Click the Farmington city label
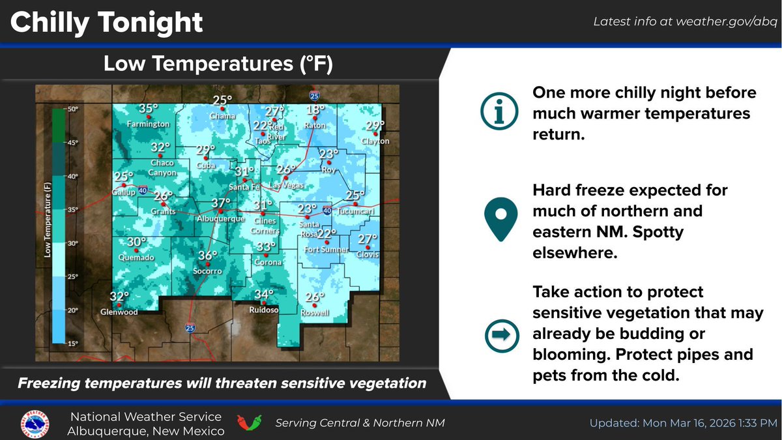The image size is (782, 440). coord(149,124)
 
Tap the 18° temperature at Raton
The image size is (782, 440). coord(315,110)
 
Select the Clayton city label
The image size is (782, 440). coord(375,141)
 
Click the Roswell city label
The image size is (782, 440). coord(315,313)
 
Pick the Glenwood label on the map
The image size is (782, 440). coord(119,312)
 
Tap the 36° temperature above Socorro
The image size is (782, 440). coord(208,256)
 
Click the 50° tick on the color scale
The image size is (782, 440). coord(72,109)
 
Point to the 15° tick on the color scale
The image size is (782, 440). coord(72,342)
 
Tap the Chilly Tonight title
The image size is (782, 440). coord(107,22)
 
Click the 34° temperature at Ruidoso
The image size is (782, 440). coord(264,294)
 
